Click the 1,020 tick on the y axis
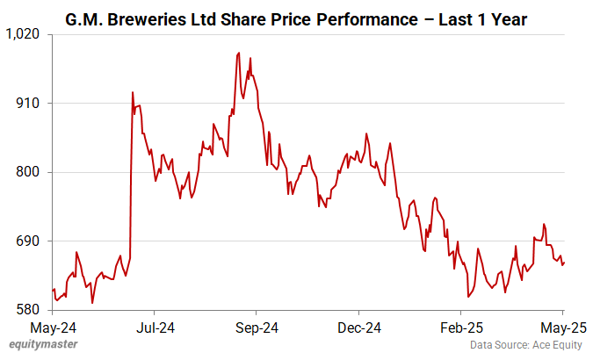coord(25,34)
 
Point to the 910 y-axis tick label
coord(30,104)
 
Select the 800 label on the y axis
coord(30,172)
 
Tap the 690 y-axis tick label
coord(30,241)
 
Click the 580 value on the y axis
coord(30,310)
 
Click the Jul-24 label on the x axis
coord(154,328)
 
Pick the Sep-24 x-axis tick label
coord(256,328)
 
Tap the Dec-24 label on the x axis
coord(358,328)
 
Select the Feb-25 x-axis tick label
coord(460,328)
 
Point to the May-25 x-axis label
coord(562,328)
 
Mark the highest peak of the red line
coord(239,53)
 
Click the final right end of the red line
coord(564,262)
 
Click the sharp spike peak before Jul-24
coord(132,92)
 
